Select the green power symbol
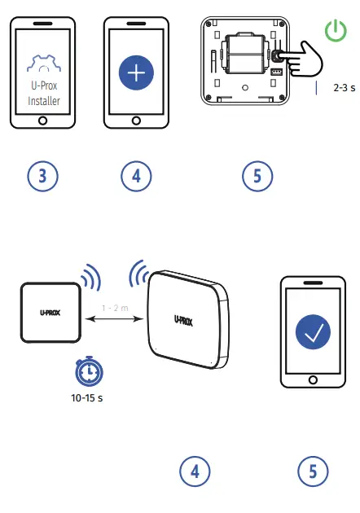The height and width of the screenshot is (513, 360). [x=335, y=32]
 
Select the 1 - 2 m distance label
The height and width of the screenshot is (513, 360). [x=114, y=309]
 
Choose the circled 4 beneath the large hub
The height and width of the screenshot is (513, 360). [x=194, y=471]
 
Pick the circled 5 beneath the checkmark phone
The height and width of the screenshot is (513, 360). [x=313, y=471]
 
